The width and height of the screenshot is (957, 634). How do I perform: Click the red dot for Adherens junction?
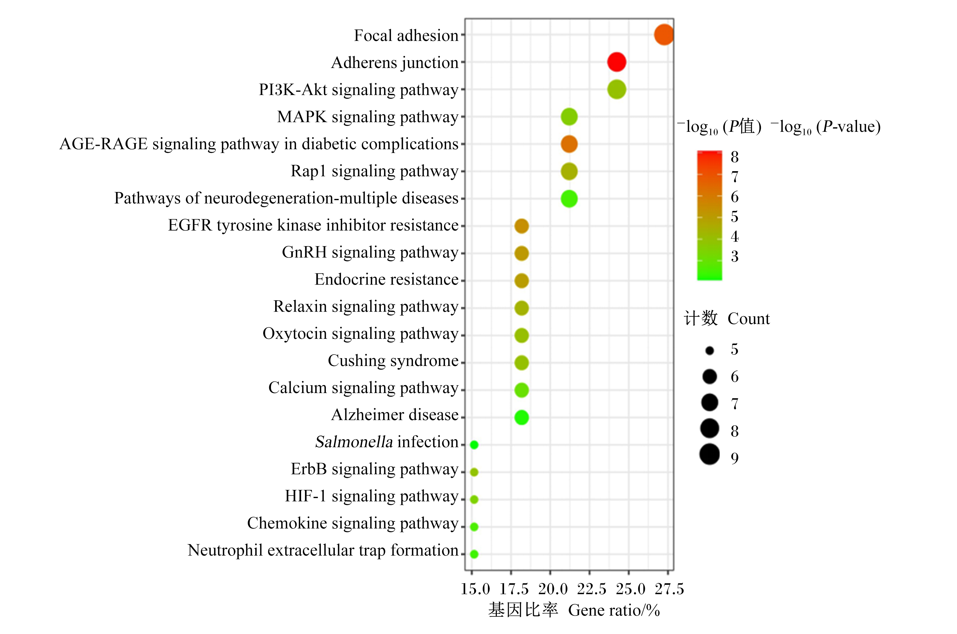click(x=617, y=62)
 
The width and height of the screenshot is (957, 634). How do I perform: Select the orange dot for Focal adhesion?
click(x=664, y=35)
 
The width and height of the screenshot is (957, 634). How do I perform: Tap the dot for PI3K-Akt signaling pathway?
click(x=617, y=89)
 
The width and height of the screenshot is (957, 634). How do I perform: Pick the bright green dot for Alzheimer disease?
click(x=521, y=417)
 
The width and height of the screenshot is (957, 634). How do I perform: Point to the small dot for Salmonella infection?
click(x=474, y=445)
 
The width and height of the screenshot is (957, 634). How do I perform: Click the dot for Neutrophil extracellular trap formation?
click(x=474, y=554)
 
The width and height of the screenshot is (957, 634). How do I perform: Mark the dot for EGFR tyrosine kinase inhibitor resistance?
click(x=521, y=226)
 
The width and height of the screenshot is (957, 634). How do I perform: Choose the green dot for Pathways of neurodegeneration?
click(x=569, y=199)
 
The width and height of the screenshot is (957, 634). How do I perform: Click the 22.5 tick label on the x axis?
click(x=591, y=589)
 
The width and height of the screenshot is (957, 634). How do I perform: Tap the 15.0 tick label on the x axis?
click(x=475, y=589)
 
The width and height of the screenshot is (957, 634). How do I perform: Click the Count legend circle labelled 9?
click(x=709, y=454)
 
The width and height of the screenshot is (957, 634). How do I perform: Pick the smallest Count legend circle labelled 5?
click(x=709, y=351)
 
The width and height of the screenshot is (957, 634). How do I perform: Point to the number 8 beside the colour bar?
click(x=735, y=157)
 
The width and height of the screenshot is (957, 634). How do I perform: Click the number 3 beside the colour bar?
click(x=735, y=256)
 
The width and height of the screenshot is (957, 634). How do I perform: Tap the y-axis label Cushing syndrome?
click(x=393, y=361)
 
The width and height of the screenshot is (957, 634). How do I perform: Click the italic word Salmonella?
click(x=354, y=442)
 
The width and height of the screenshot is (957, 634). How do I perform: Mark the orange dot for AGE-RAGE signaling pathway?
click(x=569, y=144)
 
